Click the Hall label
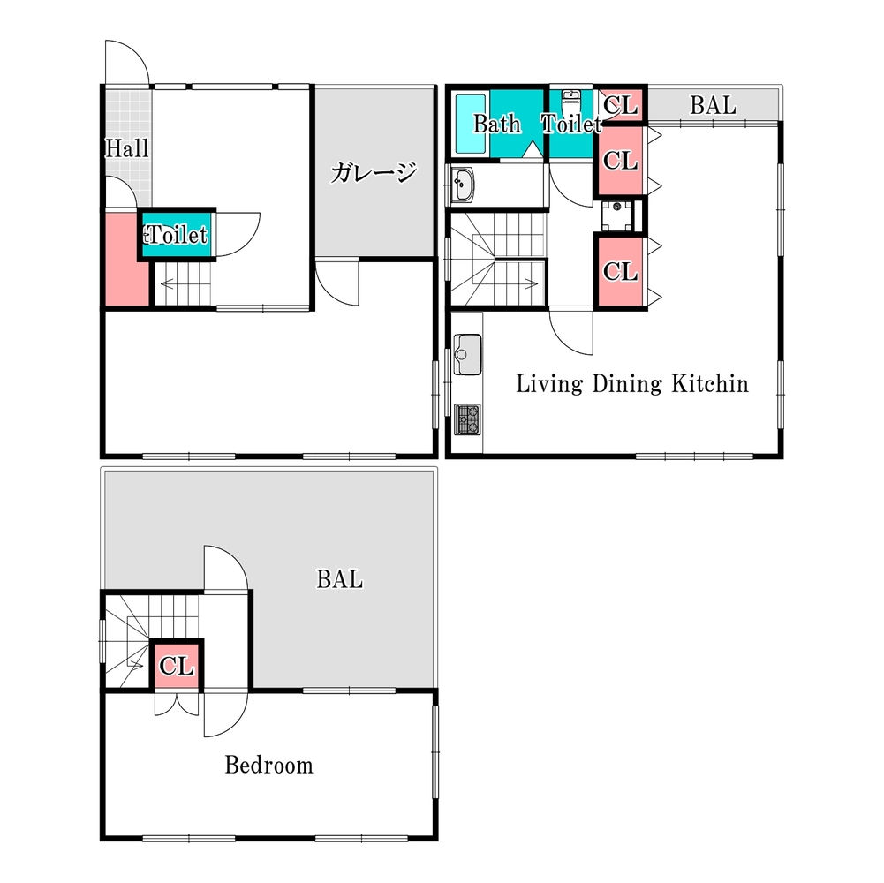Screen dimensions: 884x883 tap(127, 148)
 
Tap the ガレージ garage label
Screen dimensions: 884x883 tap(374, 172)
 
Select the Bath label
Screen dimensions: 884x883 tap(496, 124)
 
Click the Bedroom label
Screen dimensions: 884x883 tap(269, 766)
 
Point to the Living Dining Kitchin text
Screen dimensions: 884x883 tap(632, 384)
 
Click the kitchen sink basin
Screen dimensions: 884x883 tap(467, 355)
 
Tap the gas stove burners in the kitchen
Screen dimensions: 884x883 tap(467, 419)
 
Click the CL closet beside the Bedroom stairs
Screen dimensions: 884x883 tap(177, 666)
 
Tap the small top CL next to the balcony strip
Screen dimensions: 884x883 tap(621, 105)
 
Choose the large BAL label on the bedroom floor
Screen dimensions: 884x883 tap(339, 579)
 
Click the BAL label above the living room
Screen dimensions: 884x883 tap(714, 105)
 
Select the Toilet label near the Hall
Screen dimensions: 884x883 tap(177, 235)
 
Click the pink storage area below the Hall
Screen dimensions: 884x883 tap(127, 260)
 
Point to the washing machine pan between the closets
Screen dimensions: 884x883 tap(617, 215)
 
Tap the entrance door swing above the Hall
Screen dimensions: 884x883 tap(127, 62)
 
